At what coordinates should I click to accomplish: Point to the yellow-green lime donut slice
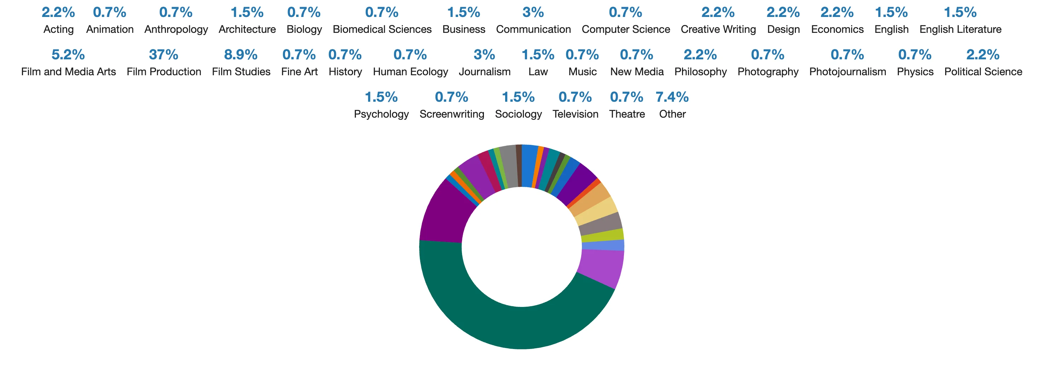603,236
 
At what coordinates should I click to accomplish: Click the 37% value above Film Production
163,54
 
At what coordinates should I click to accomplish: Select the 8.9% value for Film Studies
241,54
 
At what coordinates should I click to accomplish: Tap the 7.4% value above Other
672,97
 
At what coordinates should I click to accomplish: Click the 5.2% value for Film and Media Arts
68,54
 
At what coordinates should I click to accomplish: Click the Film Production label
163,72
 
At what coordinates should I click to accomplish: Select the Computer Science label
625,29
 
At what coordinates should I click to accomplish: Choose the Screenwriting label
451,114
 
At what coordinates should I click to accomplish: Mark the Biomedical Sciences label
382,29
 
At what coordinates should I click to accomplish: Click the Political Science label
983,72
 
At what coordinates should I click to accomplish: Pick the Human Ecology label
410,72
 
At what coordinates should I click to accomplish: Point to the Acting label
58,29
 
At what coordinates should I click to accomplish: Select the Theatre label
626,114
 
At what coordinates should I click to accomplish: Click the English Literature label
960,29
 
